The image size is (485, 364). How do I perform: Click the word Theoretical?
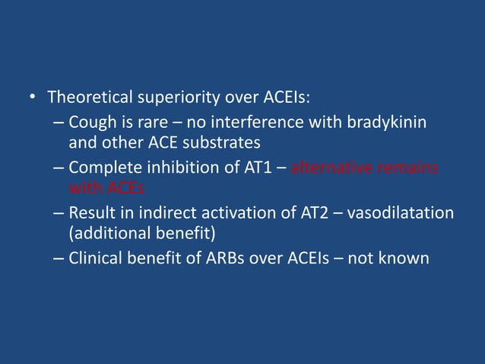point(88,98)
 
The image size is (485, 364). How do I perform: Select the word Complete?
point(103,167)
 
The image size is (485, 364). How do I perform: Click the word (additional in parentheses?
point(104,232)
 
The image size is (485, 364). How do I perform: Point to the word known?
point(408,257)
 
